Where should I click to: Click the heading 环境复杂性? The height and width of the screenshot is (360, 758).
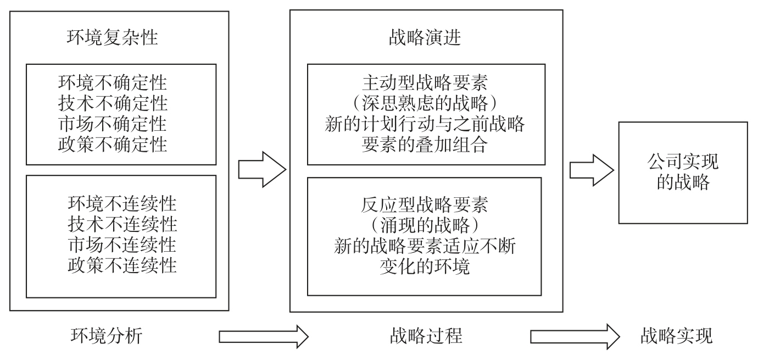[112, 38]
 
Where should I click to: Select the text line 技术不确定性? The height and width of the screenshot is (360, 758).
[113, 103]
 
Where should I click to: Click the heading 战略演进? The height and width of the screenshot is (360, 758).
[425, 38]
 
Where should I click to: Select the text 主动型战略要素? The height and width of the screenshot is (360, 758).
[425, 84]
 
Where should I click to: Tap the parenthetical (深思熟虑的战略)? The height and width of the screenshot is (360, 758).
[425, 104]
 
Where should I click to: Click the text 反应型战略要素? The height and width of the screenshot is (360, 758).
[425, 206]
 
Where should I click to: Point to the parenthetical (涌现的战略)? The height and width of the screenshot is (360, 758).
[425, 226]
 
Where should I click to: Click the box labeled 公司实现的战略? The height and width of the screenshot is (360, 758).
[683, 173]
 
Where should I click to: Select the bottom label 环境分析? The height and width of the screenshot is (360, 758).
[107, 335]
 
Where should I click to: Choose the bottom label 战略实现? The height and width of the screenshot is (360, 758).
[676, 335]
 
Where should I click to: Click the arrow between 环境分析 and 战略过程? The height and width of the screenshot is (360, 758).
[264, 336]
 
